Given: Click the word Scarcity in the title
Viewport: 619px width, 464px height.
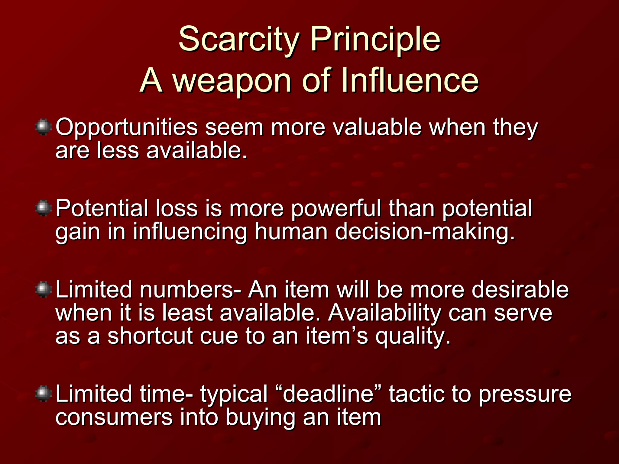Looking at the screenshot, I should coord(239,39).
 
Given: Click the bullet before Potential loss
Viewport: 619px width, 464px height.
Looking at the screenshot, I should coord(44,208).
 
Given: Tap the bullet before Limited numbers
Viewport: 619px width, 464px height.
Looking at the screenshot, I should coord(44,289).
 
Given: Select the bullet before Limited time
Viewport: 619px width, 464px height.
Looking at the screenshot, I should coord(44,393).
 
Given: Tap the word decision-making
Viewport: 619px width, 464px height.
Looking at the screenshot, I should coord(425,232).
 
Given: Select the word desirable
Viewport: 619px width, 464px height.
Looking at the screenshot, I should coord(520,289).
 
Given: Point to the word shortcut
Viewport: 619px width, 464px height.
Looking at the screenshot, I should coord(150,336).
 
